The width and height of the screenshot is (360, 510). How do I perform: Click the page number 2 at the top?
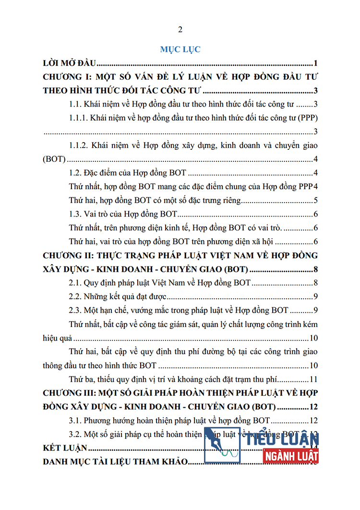(180, 30)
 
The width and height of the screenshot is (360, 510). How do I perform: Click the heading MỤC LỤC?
(180, 49)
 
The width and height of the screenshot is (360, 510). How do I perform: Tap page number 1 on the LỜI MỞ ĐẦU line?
(315, 63)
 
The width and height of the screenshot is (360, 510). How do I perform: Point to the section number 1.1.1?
(80, 118)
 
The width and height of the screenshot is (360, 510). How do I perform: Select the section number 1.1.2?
(80, 145)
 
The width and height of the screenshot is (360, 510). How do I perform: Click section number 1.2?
(75, 173)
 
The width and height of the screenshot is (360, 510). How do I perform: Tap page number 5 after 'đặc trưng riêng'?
(315, 201)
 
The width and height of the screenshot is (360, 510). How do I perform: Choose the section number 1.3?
(75, 214)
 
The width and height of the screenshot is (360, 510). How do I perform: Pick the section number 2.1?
(75, 283)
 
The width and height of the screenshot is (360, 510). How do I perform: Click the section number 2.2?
(75, 296)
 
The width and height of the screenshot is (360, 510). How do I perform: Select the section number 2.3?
(75, 310)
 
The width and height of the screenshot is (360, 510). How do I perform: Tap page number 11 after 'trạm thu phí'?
(313, 378)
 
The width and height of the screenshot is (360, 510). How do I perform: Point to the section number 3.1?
(75, 421)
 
